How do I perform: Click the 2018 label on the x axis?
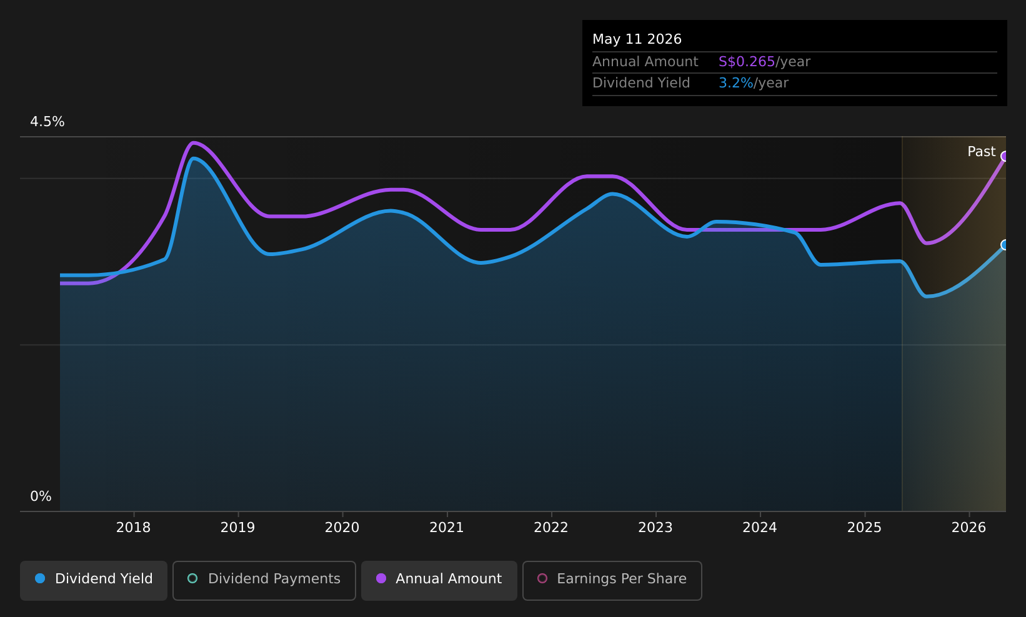tap(133, 528)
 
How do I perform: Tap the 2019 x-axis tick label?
tap(237, 528)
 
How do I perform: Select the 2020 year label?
tap(342, 528)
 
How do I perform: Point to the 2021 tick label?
tap(447, 528)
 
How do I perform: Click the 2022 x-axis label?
tap(551, 528)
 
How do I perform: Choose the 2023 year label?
tap(655, 528)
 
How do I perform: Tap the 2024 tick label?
tap(760, 528)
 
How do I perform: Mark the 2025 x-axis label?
tap(864, 528)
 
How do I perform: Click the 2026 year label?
tap(969, 528)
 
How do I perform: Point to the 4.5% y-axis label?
tap(47, 122)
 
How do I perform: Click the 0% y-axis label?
tap(41, 496)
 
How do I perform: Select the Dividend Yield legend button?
tap(94, 580)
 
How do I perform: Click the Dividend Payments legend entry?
tap(264, 580)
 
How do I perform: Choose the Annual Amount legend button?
tap(439, 580)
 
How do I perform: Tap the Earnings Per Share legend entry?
tap(612, 580)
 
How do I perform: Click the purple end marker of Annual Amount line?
tap(1005, 157)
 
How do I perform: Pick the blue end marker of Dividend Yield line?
tap(1005, 245)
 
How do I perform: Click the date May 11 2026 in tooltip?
tap(637, 39)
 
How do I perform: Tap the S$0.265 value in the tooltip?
tap(747, 62)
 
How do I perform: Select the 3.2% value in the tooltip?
tap(735, 83)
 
